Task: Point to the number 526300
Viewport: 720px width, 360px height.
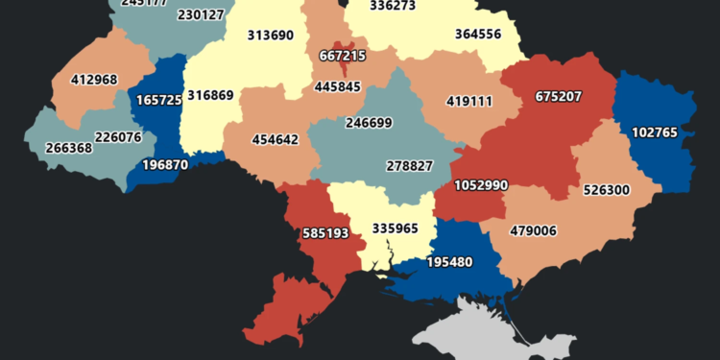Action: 606,190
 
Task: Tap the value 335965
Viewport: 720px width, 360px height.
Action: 382,228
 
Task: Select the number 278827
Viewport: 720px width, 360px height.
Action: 409,166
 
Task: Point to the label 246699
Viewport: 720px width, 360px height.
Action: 368,123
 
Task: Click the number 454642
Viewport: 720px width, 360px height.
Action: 275,139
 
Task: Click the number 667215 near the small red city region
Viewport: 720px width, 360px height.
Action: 341,57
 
